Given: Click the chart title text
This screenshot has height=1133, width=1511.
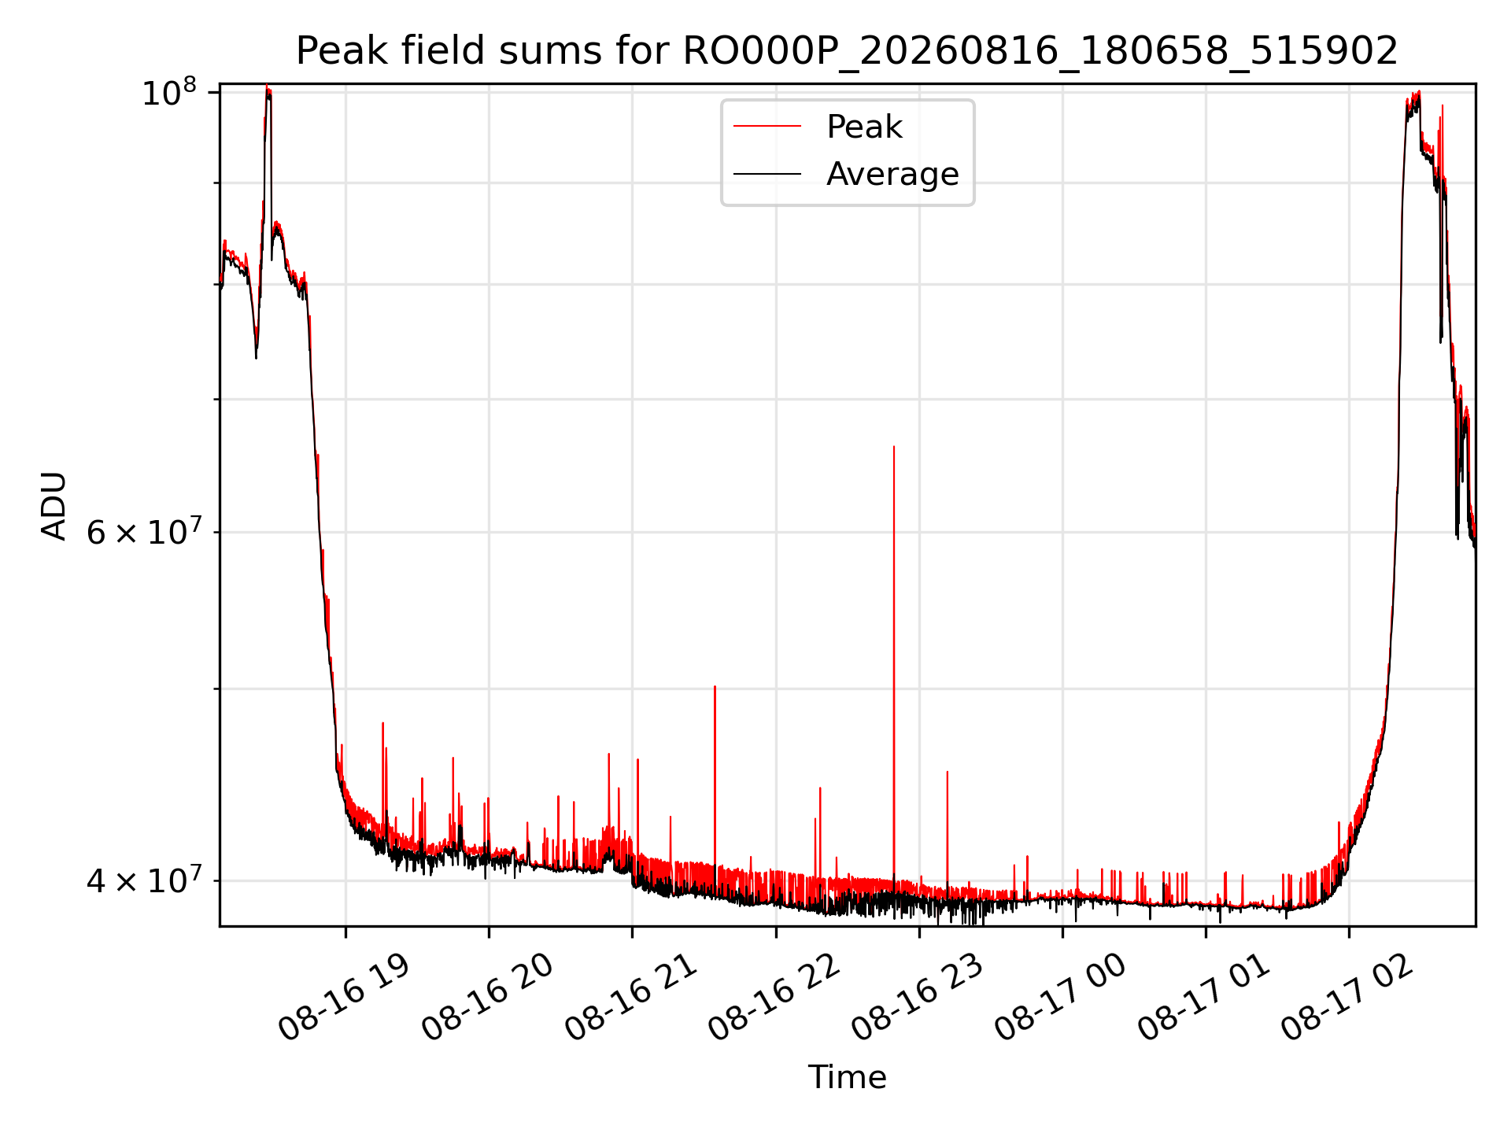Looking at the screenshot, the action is [x=847, y=51].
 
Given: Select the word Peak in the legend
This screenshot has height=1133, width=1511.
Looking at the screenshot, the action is [x=864, y=127].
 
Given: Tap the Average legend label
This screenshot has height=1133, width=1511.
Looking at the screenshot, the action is [x=892, y=174].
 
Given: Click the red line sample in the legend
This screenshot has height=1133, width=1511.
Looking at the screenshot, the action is [x=767, y=127].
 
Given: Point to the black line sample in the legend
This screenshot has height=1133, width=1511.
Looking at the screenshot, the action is [x=767, y=174].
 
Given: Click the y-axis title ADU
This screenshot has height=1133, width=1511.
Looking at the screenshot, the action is [x=54, y=506].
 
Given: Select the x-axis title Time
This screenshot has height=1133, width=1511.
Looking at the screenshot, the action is [x=847, y=1077].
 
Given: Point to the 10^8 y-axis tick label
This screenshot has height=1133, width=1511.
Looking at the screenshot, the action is [x=168, y=93].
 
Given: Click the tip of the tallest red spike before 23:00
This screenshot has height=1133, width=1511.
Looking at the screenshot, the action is [x=894, y=446].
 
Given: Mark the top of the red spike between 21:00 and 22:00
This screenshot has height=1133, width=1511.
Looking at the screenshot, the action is [x=715, y=686].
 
